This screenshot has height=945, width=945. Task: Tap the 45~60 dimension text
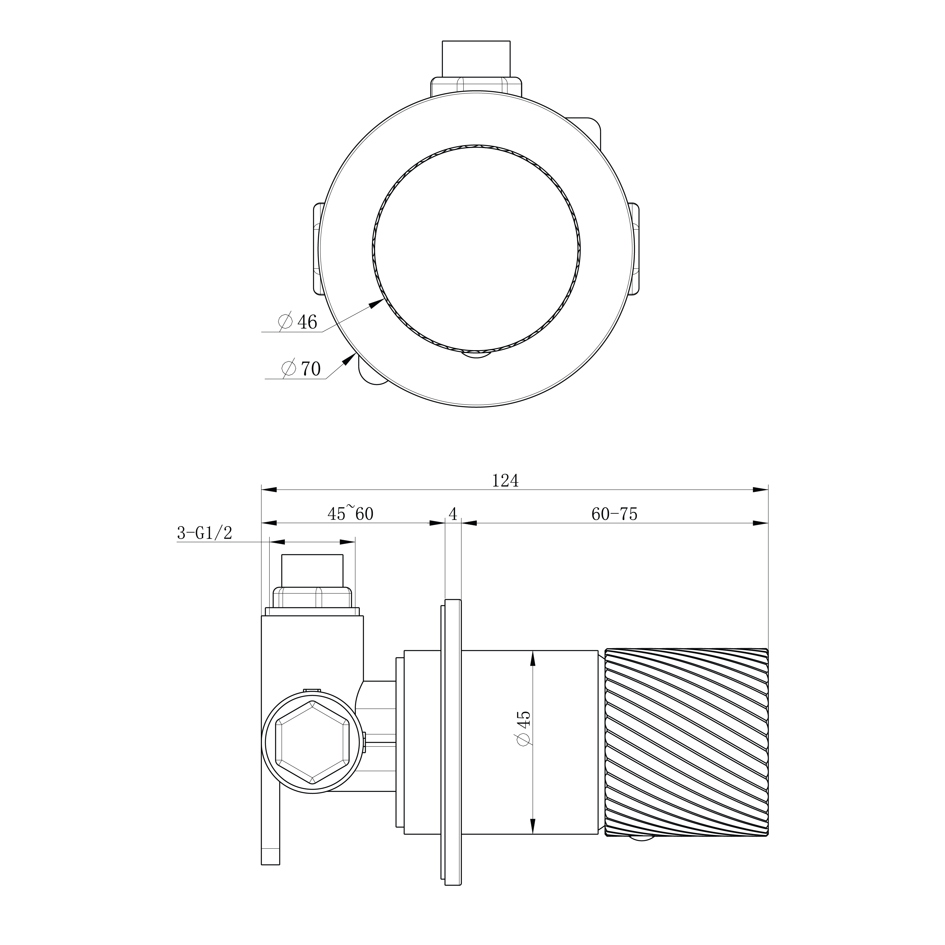coord(350,513)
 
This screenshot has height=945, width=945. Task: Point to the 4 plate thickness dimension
coord(453,514)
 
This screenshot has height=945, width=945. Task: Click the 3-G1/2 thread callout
coord(204,533)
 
